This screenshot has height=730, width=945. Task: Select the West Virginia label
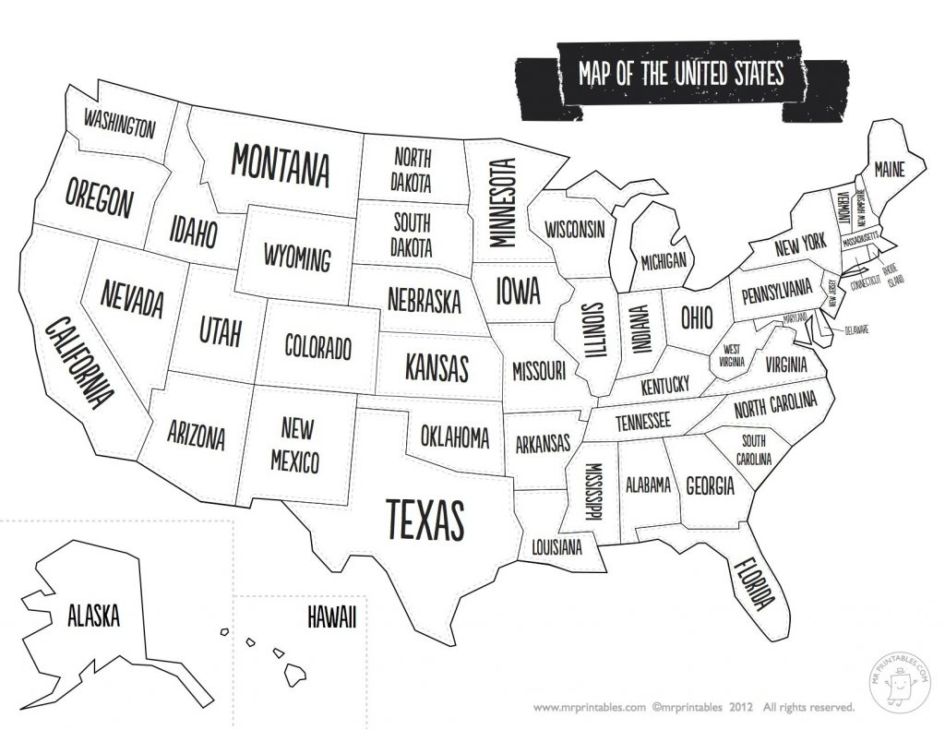pyautogui.click(x=732, y=356)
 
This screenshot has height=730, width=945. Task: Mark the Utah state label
pyautogui.click(x=220, y=330)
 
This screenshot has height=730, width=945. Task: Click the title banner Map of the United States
pyautogui.click(x=680, y=74)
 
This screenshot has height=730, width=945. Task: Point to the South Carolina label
pyautogui.click(x=752, y=447)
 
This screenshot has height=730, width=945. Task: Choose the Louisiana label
pyautogui.click(x=556, y=547)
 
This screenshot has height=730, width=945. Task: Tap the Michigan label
pyautogui.click(x=663, y=261)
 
